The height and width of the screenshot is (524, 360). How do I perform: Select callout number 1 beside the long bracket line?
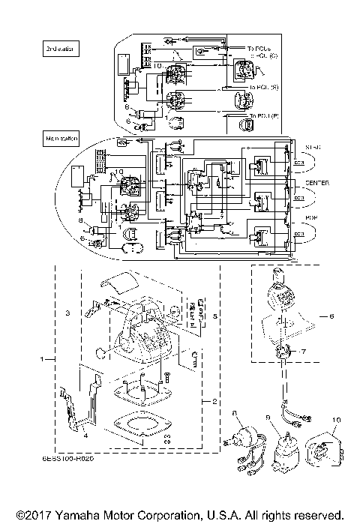click(x=42, y=361)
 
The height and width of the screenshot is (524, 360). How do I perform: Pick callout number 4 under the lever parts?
click(x=85, y=435)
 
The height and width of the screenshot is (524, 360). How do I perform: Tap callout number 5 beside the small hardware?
click(x=216, y=316)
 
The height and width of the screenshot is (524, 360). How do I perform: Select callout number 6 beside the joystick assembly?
click(x=331, y=316)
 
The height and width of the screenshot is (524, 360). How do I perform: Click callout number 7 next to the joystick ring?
click(x=304, y=351)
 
